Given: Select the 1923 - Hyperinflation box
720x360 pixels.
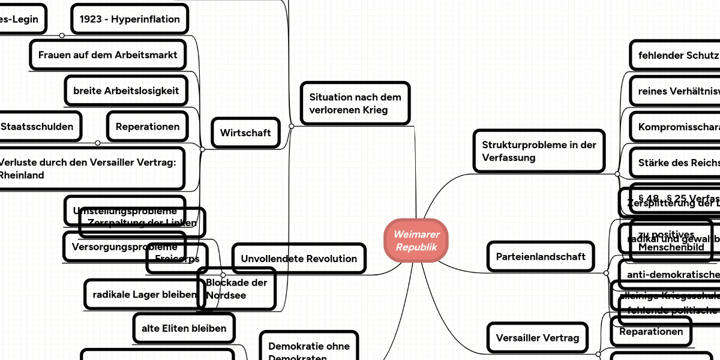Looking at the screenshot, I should tap(130, 19).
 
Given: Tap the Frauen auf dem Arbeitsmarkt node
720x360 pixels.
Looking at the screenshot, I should tap(108, 55).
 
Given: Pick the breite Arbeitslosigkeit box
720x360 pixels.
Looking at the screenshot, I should tap(126, 91).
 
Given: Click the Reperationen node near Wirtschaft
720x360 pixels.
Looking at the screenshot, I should tap(148, 127).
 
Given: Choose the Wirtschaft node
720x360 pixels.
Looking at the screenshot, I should tap(245, 133).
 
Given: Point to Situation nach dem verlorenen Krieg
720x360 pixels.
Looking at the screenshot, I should tap(355, 103).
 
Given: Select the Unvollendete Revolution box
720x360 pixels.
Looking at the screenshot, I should tap(299, 259).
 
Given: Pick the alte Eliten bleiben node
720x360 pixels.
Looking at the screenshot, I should tap(184, 328).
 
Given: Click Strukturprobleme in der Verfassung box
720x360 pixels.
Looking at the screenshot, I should tap(539, 151).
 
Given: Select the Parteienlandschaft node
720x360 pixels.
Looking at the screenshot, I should tap(541, 256).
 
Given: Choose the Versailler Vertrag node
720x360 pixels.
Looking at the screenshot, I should tap(538, 338).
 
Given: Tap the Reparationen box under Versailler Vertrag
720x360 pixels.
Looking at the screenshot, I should tap(651, 332).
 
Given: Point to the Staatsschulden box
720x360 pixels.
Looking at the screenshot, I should tap(37, 127).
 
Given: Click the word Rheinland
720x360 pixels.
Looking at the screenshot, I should tap(22, 175).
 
